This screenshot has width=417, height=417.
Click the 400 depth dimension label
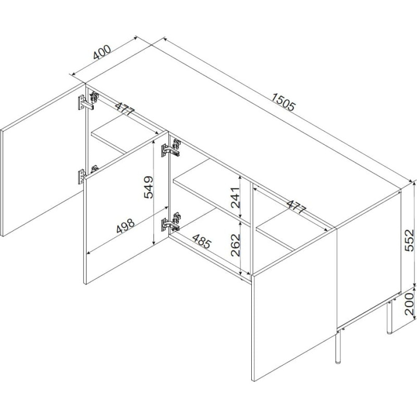[102, 53]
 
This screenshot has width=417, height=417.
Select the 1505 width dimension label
[284, 102]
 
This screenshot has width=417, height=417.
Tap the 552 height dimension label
[409, 240]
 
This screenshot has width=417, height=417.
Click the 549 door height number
[149, 187]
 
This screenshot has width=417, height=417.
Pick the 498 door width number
[126, 226]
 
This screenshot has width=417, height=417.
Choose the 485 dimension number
[202, 241]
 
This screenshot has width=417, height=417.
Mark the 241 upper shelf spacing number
[236, 198]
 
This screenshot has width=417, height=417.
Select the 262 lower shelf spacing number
[236, 244]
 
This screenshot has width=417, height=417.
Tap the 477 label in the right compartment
[297, 207]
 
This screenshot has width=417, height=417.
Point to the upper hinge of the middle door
[171, 148]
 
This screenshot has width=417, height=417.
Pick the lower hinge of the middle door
[171, 222]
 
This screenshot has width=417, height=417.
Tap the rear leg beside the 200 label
[389, 316]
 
